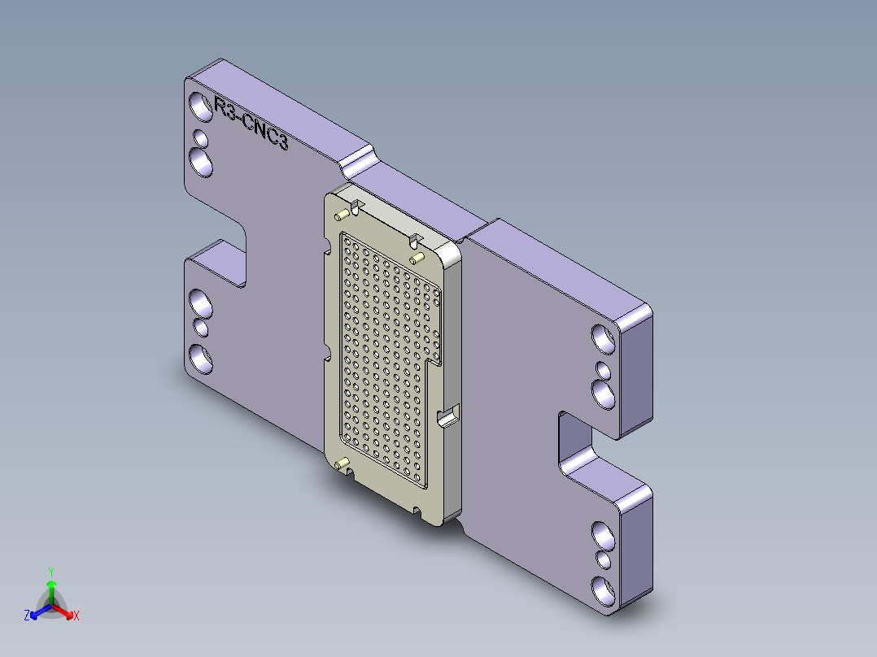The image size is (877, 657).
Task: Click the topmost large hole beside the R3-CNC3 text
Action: (199, 107)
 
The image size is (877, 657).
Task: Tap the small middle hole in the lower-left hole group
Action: (201, 328)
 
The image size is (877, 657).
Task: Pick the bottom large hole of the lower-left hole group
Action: (200, 358)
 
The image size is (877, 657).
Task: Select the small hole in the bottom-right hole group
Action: (604, 560)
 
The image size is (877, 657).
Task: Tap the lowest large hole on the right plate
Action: (604, 589)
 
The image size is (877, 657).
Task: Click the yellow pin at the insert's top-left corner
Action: (342, 215)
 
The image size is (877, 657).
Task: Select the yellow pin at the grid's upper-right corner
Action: (417, 258)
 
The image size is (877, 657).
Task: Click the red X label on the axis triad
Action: (76, 616)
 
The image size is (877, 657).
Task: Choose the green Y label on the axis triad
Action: (50, 572)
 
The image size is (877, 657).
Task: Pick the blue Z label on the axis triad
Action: (27, 616)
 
